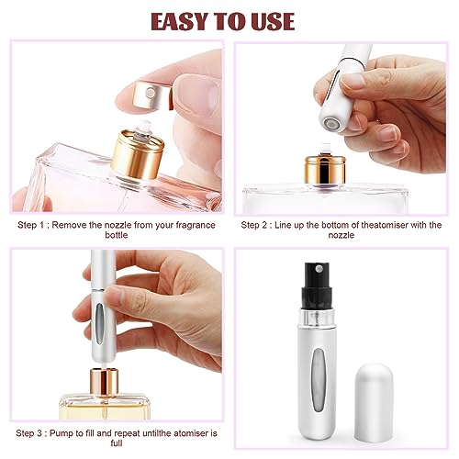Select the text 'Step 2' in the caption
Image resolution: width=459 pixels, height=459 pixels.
tap(260, 224)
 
